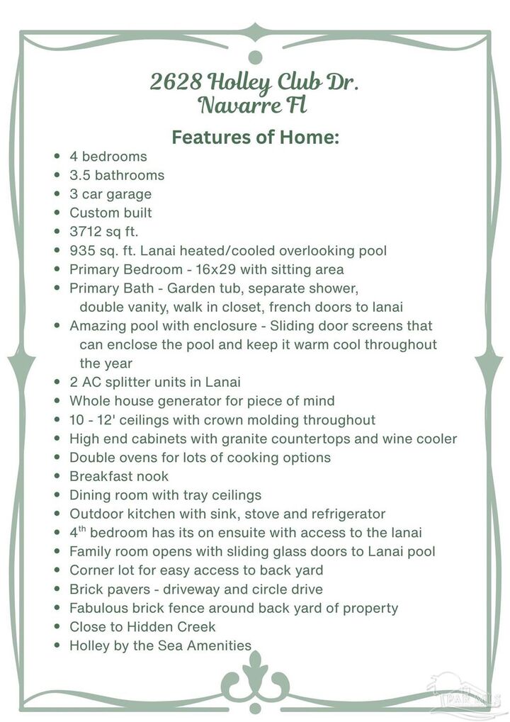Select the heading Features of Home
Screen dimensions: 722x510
(x=255, y=137)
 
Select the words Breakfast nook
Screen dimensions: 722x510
(x=119, y=476)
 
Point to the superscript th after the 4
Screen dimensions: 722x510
(x=82, y=529)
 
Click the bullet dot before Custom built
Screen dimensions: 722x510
(x=57, y=213)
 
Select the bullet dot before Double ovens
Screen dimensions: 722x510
(x=57, y=458)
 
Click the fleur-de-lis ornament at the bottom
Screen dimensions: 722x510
(x=255, y=677)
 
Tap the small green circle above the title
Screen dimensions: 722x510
(x=256, y=57)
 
